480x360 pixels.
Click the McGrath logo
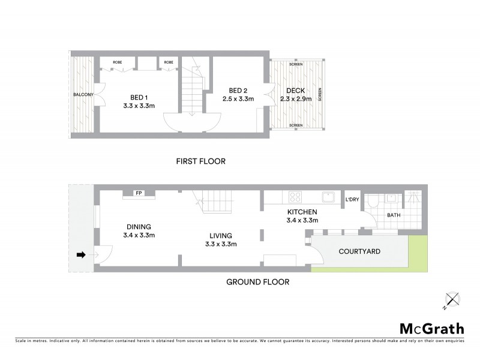pos(432,328)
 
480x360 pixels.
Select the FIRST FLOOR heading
pos(200,161)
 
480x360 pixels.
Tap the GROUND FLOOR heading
pos(257,281)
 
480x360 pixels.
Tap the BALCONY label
pos(83,95)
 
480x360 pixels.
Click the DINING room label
pos(139,227)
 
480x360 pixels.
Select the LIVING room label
pos(221,236)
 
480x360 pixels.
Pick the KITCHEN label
pos(302,212)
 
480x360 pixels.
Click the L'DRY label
pos(352,200)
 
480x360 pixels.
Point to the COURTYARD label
pos(360,251)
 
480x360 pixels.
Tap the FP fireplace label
pos(139,193)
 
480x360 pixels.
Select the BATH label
pos(393,214)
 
